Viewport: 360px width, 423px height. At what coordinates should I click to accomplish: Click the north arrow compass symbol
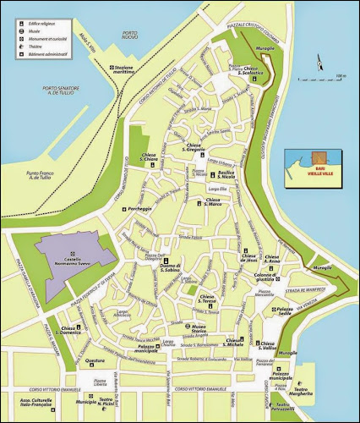[x=319, y=61]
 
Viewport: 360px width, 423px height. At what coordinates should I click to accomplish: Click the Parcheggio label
[x=139, y=208]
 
